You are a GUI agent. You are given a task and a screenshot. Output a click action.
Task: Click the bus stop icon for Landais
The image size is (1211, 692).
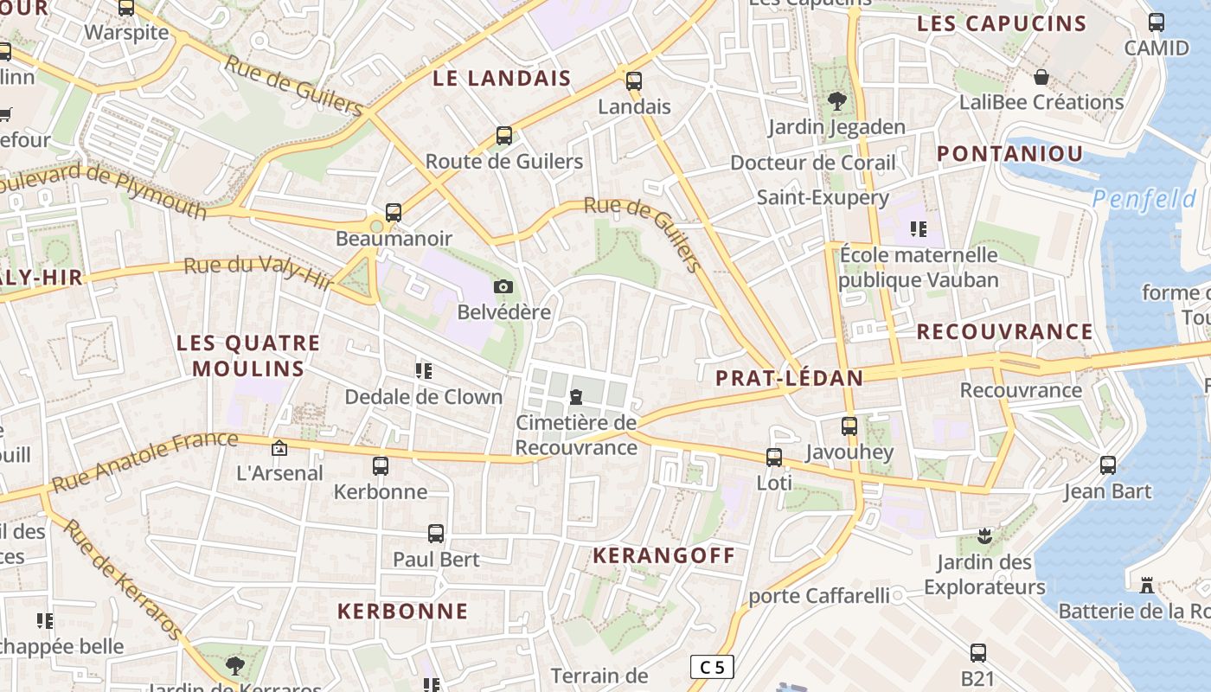click(634, 81)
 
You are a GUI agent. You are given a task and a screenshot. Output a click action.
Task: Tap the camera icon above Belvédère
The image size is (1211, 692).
click(503, 286)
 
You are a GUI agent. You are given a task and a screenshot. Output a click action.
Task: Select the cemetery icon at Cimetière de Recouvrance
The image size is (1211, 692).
click(575, 397)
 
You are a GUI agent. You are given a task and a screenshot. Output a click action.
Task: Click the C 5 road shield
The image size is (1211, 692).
click(712, 667)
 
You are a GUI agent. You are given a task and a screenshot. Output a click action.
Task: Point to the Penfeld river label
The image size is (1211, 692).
click(1144, 200)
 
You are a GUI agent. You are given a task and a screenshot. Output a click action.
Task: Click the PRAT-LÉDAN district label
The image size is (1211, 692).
click(789, 378)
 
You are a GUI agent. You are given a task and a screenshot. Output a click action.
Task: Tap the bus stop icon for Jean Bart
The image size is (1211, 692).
click(1108, 465)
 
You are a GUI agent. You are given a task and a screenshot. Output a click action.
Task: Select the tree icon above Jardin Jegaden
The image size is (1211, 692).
click(836, 101)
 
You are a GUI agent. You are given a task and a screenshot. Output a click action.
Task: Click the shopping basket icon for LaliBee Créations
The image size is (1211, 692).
click(1041, 77)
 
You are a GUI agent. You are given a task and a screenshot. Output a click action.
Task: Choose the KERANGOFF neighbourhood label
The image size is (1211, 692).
click(663, 555)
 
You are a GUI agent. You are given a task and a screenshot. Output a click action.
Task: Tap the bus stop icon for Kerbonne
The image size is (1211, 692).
click(381, 466)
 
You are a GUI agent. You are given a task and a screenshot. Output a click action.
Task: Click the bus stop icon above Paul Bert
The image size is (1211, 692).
click(436, 534)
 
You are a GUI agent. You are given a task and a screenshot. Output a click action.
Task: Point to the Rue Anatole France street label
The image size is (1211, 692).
click(144, 461)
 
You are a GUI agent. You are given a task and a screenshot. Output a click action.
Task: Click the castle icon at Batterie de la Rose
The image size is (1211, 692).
click(1147, 586)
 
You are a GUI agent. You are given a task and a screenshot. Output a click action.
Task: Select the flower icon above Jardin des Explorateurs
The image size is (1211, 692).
click(984, 536)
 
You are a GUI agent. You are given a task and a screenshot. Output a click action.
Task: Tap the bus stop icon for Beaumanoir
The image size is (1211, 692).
click(394, 212)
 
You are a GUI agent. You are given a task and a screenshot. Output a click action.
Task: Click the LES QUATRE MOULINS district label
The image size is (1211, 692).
click(248, 356)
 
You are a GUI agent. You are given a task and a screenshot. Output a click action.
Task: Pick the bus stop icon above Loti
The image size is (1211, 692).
click(774, 457)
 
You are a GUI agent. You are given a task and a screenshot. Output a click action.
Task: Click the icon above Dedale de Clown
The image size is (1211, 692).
click(424, 371)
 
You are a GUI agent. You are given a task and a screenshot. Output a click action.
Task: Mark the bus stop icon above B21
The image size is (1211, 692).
click(978, 653)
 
